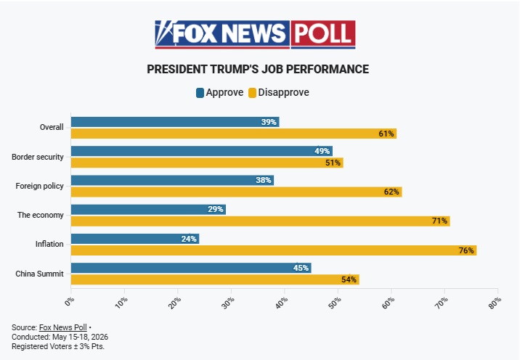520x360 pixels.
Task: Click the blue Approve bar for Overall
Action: coord(175,122)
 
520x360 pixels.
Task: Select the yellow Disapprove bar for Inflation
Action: coord(274,250)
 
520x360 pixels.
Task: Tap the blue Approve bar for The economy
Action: coord(148,210)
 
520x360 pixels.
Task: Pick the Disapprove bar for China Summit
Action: coord(215,279)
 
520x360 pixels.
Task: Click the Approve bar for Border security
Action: coord(202,151)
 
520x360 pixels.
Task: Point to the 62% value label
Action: coord(391,192)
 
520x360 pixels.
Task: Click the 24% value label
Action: coord(189,239)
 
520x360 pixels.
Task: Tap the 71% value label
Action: coord(439,221)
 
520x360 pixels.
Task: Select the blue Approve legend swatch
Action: coord(200,93)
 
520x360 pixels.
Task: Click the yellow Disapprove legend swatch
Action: coord(252,93)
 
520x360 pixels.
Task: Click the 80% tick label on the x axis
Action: coord(495,303)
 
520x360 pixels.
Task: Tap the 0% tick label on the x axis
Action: coord(69,302)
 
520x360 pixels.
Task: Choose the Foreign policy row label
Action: coord(39,186)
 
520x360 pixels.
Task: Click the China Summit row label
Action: coord(39,274)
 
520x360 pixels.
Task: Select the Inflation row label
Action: coord(49,244)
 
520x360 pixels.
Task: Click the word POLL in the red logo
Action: coord(322,34)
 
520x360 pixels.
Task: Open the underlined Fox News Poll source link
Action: coord(63,327)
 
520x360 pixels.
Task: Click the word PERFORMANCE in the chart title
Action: coord(328,69)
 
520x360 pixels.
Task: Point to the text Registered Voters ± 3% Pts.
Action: coord(58,346)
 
